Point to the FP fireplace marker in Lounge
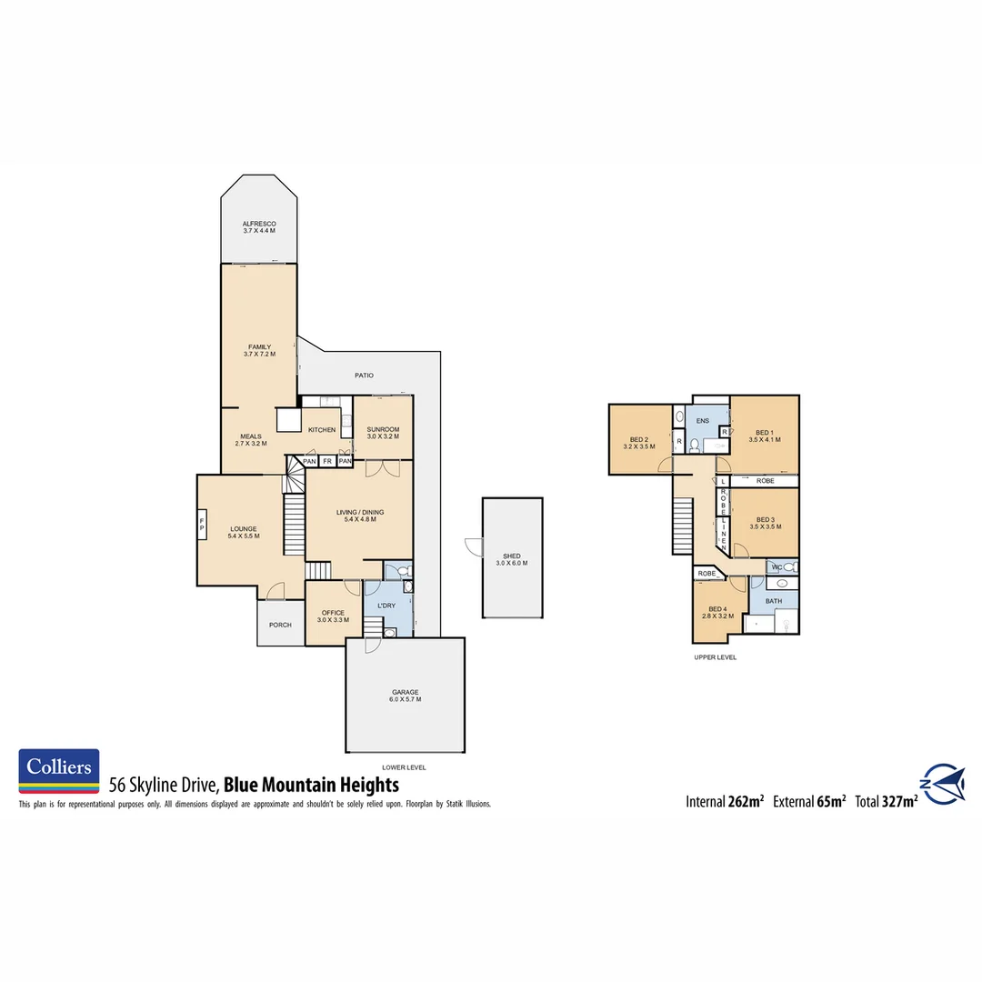(x=202, y=524)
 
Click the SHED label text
(x=512, y=559)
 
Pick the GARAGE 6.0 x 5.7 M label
(x=405, y=696)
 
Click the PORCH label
(x=280, y=625)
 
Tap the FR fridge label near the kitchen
(x=327, y=462)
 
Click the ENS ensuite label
(x=702, y=421)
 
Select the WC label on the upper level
(x=777, y=567)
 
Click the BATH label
(x=774, y=601)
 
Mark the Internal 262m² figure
(x=724, y=802)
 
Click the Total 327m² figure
(x=886, y=802)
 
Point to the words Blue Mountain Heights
(x=311, y=784)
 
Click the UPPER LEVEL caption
(x=715, y=656)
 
